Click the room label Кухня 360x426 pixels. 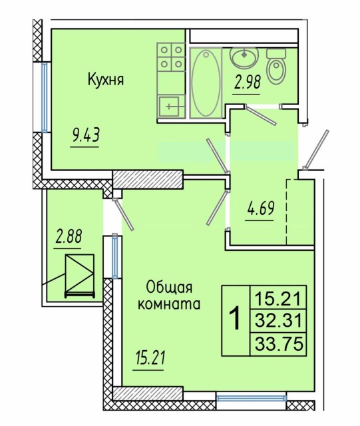(x=106, y=80)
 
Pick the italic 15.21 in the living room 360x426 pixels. (x=149, y=359)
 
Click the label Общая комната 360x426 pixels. (x=170, y=296)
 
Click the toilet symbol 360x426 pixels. (x=275, y=68)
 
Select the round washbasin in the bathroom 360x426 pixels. (x=244, y=58)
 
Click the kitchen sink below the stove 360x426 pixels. (x=171, y=105)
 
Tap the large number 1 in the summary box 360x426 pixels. (x=234, y=320)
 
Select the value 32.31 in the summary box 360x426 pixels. (x=278, y=321)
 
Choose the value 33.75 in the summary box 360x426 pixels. (x=278, y=344)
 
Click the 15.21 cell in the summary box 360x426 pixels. (x=278, y=298)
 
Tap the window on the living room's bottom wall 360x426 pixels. (x=252, y=399)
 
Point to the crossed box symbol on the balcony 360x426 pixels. (x=79, y=275)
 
